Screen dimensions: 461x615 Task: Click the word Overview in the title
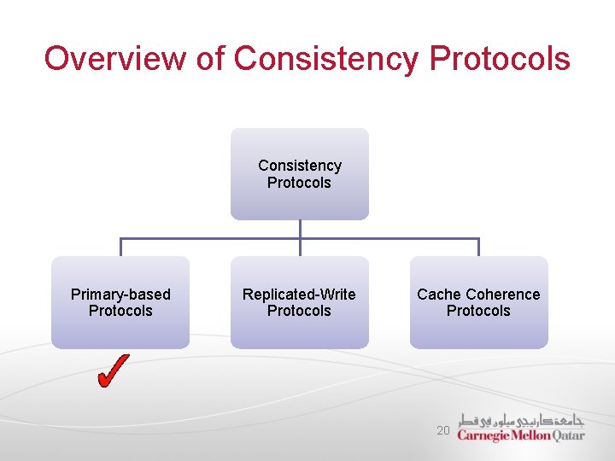click(114, 59)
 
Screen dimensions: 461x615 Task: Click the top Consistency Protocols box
click(299, 174)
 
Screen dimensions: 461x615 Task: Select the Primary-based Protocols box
click(120, 302)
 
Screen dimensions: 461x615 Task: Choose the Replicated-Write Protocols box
click(299, 302)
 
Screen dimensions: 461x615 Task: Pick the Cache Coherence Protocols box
click(478, 302)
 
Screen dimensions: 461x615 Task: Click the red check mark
click(114, 371)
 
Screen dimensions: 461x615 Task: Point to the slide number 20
click(442, 431)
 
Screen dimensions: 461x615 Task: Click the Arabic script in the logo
click(521, 420)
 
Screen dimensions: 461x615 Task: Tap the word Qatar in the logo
click(568, 435)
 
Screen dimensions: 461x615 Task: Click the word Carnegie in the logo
click(483, 435)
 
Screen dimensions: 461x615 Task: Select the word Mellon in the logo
click(531, 435)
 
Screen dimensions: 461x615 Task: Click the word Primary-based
click(120, 295)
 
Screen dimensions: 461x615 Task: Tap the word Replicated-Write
click(299, 295)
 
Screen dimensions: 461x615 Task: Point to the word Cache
click(437, 295)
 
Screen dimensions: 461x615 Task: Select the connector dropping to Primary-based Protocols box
click(120, 247)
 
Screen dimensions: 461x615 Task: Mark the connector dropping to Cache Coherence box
click(478, 247)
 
